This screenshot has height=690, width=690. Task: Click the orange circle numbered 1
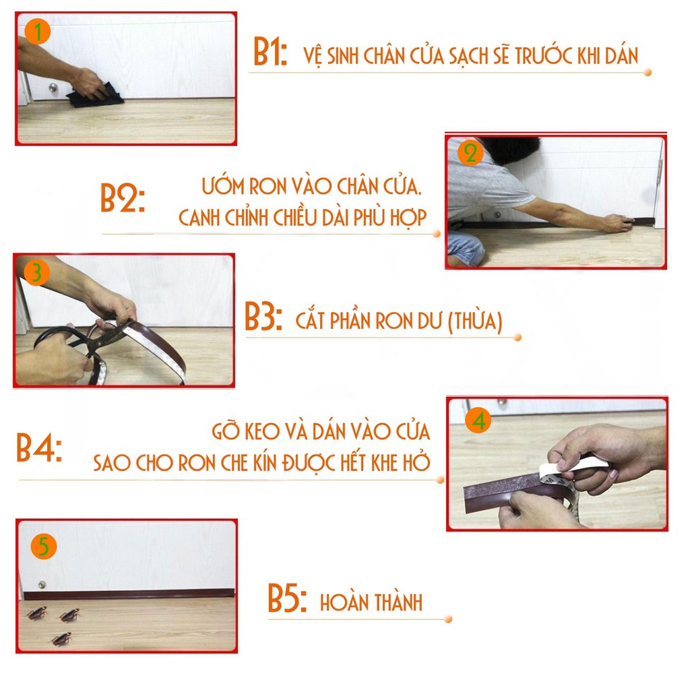pyautogui.click(x=38, y=32)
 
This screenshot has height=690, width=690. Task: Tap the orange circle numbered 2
pyautogui.click(x=470, y=154)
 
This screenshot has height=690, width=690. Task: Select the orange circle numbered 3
pyautogui.click(x=36, y=272)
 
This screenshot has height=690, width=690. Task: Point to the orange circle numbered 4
pyautogui.click(x=478, y=420)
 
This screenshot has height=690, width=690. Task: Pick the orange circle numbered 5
pyautogui.click(x=44, y=546)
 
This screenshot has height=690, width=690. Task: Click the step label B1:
pyautogui.click(x=270, y=52)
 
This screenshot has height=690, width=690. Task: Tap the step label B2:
pyautogui.click(x=123, y=198)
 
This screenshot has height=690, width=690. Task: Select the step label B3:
pyautogui.click(x=263, y=316)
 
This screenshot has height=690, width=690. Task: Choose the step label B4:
pyautogui.click(x=39, y=447)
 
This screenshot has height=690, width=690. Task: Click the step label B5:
pyautogui.click(x=287, y=598)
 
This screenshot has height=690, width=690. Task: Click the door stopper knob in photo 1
pyautogui.click(x=53, y=88)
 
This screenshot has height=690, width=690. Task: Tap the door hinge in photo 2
pyautogui.click(x=659, y=172)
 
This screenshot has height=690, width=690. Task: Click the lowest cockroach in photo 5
pyautogui.click(x=61, y=639)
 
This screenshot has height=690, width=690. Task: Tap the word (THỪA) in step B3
pyautogui.click(x=475, y=321)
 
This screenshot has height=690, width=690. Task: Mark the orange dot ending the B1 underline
pyautogui.click(x=648, y=72)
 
